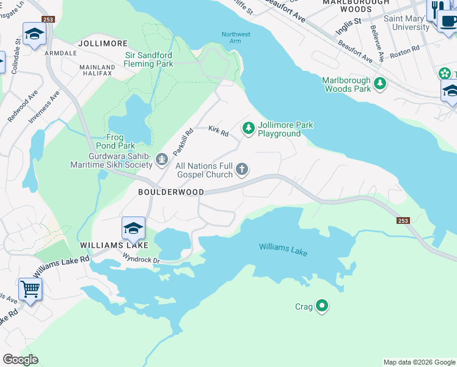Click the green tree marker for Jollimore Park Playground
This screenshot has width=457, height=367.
(248, 128)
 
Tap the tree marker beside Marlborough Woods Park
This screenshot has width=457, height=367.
(380, 83)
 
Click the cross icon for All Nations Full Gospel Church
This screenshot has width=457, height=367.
(243, 169)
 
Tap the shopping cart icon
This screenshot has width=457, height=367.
(30, 288)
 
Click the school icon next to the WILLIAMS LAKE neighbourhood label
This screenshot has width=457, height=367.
(133, 228)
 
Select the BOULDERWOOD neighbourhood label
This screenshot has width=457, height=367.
(170, 192)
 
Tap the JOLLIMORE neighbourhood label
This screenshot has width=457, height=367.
(103, 44)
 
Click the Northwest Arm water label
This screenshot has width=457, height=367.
(236, 37)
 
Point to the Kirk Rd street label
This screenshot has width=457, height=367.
(218, 130)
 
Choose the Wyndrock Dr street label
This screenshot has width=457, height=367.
(139, 261)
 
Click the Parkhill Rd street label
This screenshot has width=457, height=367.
(183, 141)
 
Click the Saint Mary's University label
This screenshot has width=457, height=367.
(406, 23)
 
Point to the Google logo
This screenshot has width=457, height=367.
(21, 360)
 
